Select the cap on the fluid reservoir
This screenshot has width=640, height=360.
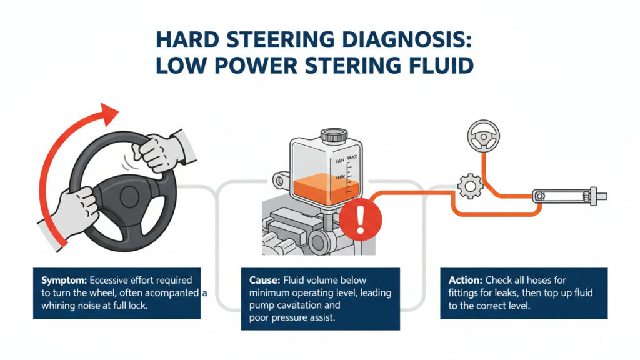[332, 135]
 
